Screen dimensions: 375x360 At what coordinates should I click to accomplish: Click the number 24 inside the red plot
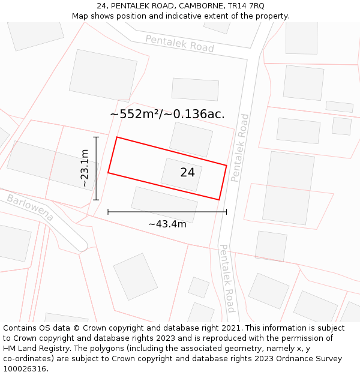click(187, 172)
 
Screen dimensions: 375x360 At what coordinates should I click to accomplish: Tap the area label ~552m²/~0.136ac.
click(167, 114)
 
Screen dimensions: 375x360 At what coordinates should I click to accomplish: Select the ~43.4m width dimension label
click(167, 224)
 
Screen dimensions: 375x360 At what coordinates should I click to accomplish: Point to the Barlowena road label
click(31, 207)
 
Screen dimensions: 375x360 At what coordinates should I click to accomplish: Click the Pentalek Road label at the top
click(179, 43)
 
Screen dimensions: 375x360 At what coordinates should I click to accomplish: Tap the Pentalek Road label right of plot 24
click(239, 148)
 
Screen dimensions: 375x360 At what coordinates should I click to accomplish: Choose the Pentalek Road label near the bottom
click(226, 278)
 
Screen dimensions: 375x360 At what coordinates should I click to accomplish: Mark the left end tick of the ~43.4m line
click(108, 212)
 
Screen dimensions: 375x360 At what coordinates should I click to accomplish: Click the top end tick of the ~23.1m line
click(96, 137)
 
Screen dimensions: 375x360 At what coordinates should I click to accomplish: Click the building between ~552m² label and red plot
click(191, 139)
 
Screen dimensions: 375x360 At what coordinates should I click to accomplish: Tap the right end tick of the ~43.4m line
click(226, 212)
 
